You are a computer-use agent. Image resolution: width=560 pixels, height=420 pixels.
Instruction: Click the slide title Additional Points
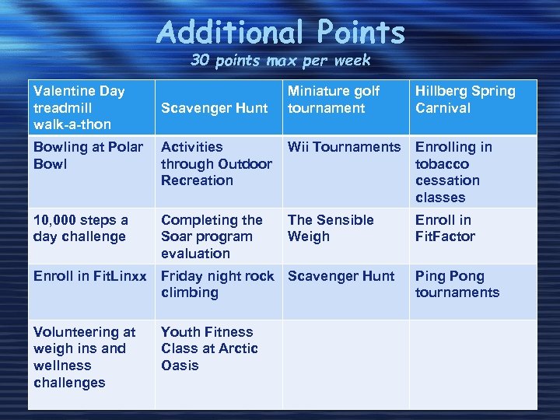point(281,33)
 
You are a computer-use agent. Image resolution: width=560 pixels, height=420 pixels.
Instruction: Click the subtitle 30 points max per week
point(281,61)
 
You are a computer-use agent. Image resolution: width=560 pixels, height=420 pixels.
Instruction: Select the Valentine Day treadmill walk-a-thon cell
point(79,107)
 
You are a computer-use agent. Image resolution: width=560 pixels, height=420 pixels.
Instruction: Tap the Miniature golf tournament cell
point(334,100)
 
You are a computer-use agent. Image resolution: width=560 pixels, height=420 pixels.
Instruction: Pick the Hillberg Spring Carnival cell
point(465,100)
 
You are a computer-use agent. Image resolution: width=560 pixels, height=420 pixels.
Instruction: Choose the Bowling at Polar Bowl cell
point(88,155)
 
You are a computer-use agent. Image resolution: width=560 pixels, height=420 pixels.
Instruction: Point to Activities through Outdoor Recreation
point(215,163)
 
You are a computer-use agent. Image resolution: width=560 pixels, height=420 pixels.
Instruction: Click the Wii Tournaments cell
point(344,147)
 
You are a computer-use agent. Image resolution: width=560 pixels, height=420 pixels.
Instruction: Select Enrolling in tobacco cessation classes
point(453,172)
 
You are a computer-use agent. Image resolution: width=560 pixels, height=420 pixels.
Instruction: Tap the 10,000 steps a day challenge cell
point(81,228)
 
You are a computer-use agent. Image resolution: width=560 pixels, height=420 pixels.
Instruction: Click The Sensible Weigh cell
point(331,228)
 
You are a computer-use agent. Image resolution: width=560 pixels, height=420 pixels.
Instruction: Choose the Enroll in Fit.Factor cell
point(445,228)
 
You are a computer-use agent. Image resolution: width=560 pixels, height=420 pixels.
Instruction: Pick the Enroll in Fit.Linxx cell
point(89,276)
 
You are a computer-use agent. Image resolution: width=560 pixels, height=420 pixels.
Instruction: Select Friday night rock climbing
point(217,284)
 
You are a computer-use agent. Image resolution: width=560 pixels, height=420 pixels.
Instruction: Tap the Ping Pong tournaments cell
point(457,284)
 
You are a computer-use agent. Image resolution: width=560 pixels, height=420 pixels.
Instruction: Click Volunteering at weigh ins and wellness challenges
point(84,357)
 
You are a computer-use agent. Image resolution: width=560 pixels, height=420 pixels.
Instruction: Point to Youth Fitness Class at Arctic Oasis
point(209,348)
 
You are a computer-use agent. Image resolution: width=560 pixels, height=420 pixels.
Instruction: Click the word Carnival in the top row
point(443,108)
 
